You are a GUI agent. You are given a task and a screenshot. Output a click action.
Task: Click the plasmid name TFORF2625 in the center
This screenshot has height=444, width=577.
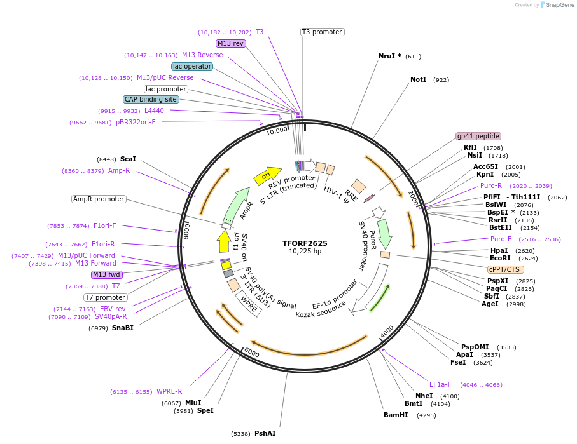coord(305,243)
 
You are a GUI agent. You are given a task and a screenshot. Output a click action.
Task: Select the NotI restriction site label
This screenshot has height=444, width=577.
coord(418,80)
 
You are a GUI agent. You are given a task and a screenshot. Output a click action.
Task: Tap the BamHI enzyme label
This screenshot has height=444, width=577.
coord(395,415)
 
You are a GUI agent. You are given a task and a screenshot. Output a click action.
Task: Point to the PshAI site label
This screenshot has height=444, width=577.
coord(265,433)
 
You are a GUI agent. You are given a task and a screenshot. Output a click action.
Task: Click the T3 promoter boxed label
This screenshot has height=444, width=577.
coord(322,32)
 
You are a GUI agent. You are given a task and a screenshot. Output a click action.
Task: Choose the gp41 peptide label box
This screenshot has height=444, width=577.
coord(478,136)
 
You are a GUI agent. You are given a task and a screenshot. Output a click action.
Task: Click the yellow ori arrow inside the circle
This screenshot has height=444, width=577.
coord(267,176)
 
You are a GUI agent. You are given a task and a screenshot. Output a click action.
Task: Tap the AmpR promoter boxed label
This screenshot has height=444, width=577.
coord(99,199)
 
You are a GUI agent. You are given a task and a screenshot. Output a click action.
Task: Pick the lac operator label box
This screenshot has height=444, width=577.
coord(192,66)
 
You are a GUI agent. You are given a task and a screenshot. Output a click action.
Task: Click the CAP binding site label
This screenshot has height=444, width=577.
coord(151,99)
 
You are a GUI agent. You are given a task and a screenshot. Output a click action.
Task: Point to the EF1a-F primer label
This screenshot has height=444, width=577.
coord(440,384)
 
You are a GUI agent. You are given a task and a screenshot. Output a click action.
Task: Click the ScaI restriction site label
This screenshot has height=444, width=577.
coord(128,159)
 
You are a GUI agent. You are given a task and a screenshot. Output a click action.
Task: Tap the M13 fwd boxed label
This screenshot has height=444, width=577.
coord(106,274)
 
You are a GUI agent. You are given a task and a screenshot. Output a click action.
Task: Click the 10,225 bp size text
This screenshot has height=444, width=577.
coord(305,252)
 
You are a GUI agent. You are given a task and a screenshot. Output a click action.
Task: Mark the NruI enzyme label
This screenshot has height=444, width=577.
coord(389,56)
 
